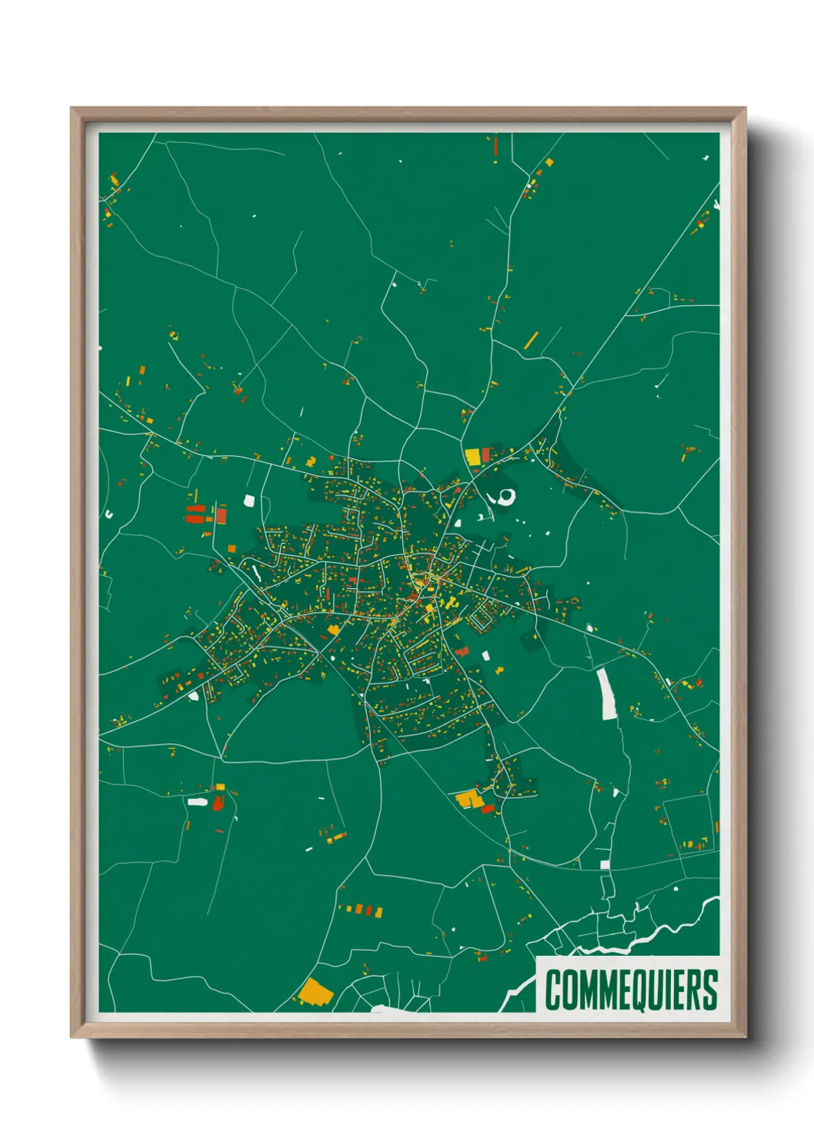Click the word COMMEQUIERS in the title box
[631, 990]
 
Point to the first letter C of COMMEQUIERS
[553, 990]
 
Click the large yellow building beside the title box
[315, 992]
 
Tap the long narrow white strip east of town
[607, 694]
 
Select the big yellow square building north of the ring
[472, 456]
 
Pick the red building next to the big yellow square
[485, 455]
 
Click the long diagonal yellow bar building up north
[531, 341]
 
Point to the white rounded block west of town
[249, 501]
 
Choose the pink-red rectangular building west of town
[222, 515]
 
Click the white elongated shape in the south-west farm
[198, 802]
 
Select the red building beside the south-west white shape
[218, 803]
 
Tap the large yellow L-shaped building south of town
[468, 800]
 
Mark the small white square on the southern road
[605, 865]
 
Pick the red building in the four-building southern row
[379, 913]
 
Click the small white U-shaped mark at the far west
[109, 514]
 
